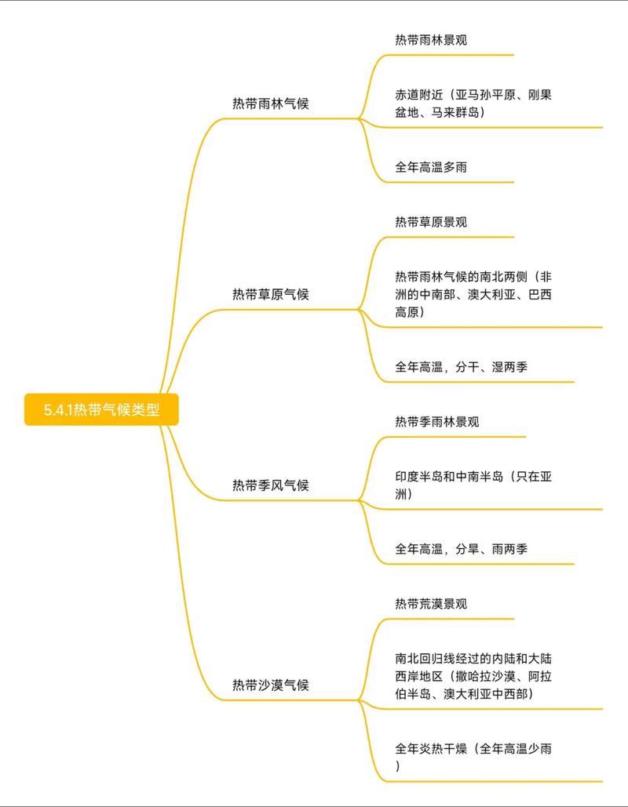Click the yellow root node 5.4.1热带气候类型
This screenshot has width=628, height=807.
102,409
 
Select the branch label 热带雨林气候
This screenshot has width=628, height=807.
271,104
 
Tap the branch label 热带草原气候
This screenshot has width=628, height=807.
271,294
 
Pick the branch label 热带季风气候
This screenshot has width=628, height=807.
271,485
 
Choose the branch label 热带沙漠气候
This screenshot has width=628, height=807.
271,685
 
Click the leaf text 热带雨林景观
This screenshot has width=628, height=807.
431,39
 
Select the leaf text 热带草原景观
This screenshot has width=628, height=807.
431,222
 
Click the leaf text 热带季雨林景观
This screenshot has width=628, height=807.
437,421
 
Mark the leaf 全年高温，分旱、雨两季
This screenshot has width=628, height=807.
461,549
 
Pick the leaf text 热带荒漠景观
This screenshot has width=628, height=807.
431,604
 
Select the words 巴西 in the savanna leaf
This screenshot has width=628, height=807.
541,294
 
